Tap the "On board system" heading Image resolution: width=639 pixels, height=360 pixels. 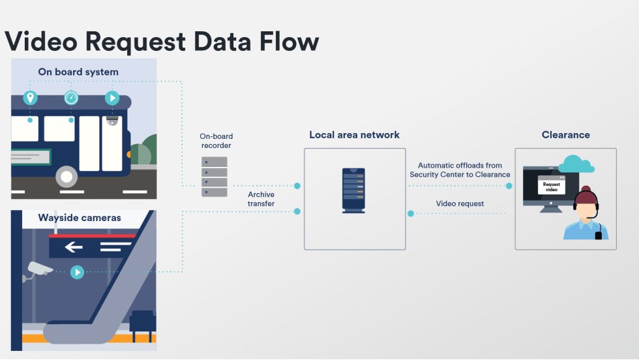point(78,72)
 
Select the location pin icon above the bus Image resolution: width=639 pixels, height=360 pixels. point(30,98)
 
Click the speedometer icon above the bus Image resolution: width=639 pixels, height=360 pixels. point(71,98)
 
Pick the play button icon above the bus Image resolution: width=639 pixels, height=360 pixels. point(112,98)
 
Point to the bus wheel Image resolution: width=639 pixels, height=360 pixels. point(67,176)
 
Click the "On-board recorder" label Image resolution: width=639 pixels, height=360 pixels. point(216,141)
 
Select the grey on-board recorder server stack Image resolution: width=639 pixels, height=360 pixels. point(215,177)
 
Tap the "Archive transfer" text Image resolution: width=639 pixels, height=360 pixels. point(261,199)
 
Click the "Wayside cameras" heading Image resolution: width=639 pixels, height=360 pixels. point(80,218)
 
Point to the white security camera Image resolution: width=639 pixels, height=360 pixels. point(39,269)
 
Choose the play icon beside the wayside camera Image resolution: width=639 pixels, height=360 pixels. point(77,272)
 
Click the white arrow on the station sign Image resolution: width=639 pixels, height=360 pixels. point(74,247)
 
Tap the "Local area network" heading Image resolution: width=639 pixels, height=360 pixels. point(355,135)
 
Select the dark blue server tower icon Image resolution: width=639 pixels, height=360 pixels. point(354,190)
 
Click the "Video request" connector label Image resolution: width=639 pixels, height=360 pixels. point(460,204)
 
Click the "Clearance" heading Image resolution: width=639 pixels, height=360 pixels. point(565,135)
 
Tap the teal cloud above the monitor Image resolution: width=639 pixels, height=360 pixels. point(576,164)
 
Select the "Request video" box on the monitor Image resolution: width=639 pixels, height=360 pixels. point(550,185)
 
